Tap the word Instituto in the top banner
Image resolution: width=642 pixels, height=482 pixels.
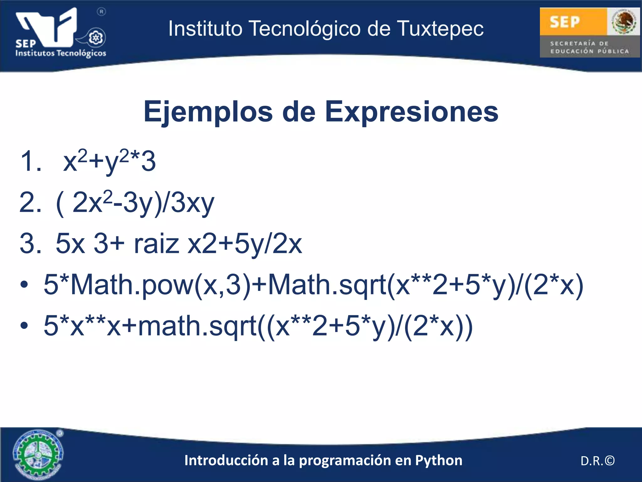pos(205,29)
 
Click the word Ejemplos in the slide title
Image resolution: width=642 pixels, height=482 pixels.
pos(208,112)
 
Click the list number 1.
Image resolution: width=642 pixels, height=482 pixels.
pos(30,161)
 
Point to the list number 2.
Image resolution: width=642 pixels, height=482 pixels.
pos(30,203)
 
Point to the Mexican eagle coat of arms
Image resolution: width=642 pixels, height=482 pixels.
pos(623,22)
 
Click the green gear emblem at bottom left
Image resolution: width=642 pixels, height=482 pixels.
pos(38,454)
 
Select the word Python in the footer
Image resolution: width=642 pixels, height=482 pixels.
pos(439,460)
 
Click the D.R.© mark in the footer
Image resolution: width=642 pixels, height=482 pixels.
pos(597,461)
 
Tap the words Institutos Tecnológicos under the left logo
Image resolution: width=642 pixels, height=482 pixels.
pos(61,53)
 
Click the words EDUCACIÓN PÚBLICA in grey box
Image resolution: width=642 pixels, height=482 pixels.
pos(590,51)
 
